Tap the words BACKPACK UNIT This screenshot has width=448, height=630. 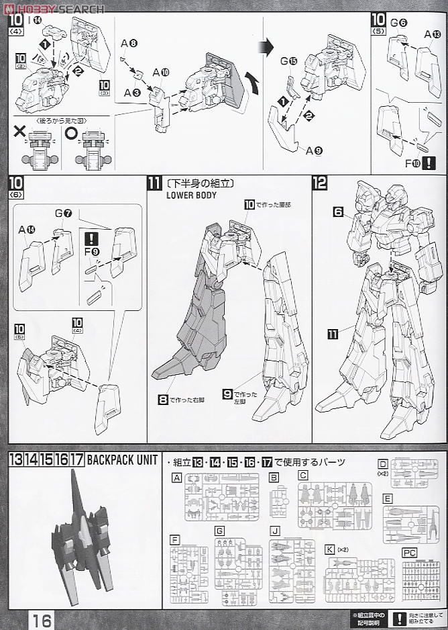coord(123,460)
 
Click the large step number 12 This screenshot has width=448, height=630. coord(319,183)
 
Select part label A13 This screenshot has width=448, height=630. coord(432,35)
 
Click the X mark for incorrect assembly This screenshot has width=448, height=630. coord(19,132)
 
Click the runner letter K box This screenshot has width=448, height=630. coord(328,549)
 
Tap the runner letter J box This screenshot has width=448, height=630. coord(274,529)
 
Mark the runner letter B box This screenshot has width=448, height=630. coord(274,478)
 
